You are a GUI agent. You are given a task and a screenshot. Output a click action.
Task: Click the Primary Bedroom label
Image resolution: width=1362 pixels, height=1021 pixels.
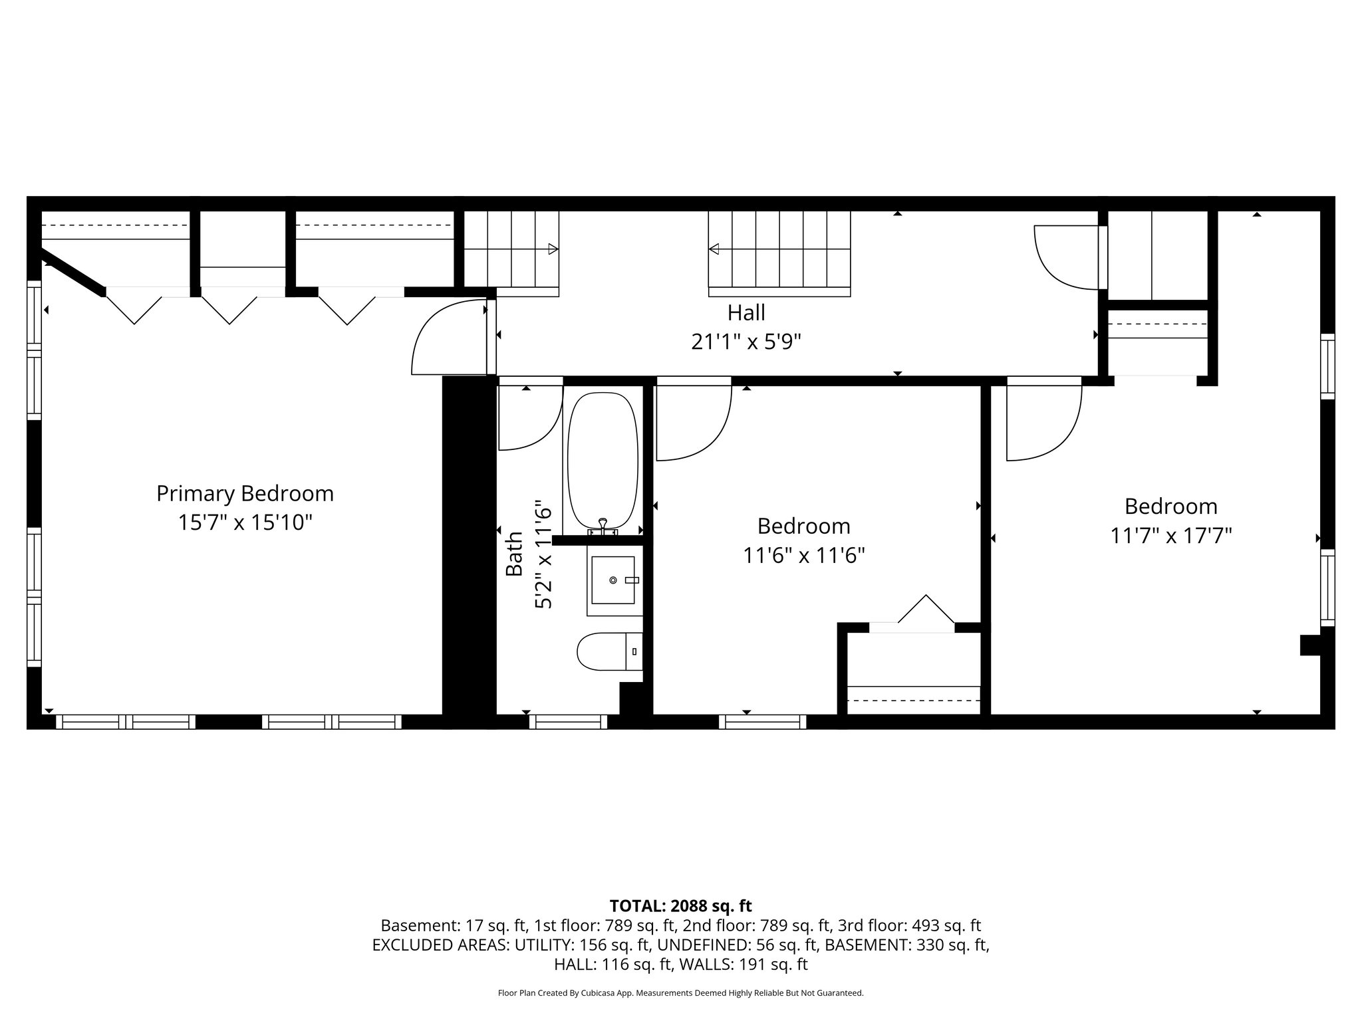click(245, 494)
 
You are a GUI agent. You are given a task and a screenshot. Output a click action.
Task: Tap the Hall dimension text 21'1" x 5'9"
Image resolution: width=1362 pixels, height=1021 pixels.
click(746, 342)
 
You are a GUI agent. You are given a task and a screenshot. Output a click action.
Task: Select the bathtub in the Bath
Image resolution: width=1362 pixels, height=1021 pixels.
click(603, 461)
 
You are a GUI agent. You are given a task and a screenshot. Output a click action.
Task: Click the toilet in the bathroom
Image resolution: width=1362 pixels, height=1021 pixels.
click(609, 651)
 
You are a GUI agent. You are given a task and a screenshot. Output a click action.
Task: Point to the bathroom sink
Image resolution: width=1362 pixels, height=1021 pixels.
click(613, 580)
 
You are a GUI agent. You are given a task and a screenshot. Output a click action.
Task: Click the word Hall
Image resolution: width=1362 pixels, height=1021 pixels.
click(746, 312)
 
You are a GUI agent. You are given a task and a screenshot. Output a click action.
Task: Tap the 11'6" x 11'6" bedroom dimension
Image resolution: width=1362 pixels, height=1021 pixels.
click(803, 555)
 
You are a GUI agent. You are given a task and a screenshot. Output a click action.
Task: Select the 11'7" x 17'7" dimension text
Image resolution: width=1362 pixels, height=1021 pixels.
click(1170, 535)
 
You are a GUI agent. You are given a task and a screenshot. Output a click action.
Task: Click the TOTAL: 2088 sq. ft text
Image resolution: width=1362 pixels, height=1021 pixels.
click(680, 906)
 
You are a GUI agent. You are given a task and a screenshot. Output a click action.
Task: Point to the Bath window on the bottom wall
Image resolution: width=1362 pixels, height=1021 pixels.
click(568, 721)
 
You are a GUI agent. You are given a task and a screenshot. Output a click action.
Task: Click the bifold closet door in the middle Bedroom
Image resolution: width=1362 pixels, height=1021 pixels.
click(926, 611)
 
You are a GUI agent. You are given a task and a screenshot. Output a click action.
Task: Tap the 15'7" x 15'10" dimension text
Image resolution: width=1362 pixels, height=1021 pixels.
click(245, 522)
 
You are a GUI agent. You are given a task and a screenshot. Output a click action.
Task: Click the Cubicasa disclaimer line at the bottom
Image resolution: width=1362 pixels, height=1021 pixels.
click(680, 993)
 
